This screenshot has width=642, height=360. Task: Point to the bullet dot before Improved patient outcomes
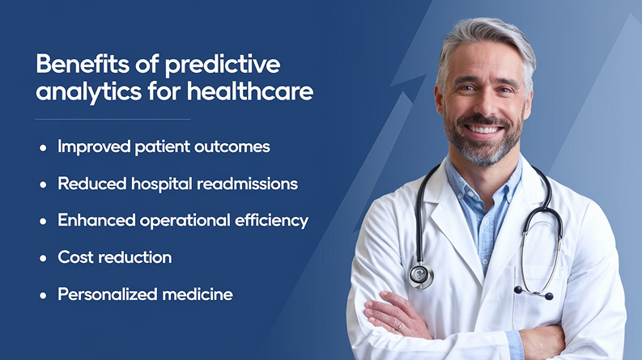(x=43, y=148)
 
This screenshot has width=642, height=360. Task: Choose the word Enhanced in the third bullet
(x=96, y=220)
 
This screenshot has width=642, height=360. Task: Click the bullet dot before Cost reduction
(x=43, y=259)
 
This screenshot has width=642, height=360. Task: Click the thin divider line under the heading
(x=113, y=120)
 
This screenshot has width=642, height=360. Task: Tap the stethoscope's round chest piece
(x=420, y=276)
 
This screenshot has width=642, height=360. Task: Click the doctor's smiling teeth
(x=485, y=129)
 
